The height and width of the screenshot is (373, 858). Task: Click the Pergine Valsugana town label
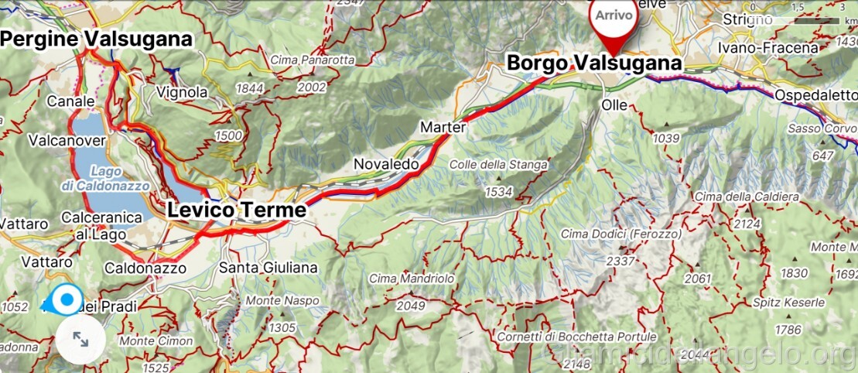(x=96, y=39)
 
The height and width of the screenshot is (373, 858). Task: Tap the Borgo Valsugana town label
(x=594, y=63)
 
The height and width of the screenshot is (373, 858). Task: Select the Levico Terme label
(x=237, y=210)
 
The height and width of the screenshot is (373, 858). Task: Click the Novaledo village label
(x=386, y=164)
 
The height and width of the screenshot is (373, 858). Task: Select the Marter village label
(x=443, y=127)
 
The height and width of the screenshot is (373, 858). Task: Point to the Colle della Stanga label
(x=497, y=164)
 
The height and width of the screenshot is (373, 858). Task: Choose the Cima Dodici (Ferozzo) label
(x=621, y=234)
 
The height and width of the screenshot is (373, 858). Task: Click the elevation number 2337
(x=620, y=261)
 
